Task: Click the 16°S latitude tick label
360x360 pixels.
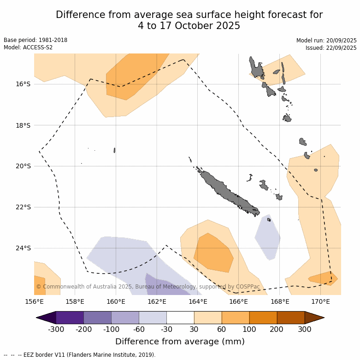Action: (23, 84)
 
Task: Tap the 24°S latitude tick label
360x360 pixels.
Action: (23, 248)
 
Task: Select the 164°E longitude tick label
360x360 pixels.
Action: (198, 302)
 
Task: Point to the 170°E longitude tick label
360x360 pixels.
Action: (320, 302)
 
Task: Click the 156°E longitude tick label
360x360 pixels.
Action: (34, 302)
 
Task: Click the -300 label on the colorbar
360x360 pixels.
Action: (56, 329)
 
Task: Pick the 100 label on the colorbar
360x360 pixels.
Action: (249, 329)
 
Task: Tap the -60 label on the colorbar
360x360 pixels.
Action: (139, 329)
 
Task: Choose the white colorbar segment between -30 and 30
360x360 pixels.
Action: (180, 318)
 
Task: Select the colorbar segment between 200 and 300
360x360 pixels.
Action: (291, 318)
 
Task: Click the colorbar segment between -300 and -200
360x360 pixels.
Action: (70, 318)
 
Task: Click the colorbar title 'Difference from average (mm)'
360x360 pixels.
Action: (180, 342)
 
